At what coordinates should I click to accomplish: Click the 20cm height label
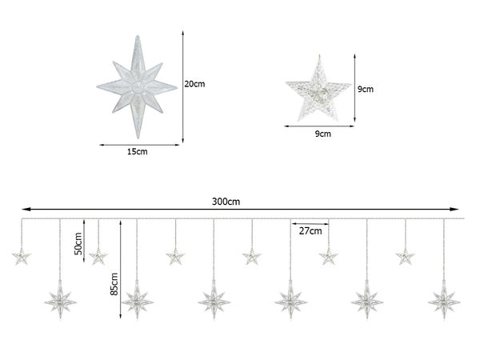pyautogui.click(x=194, y=84)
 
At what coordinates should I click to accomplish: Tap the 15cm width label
pyautogui.click(x=138, y=151)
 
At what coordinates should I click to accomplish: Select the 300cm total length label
pyautogui.click(x=226, y=202)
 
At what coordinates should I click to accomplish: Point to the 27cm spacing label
pyautogui.click(x=310, y=231)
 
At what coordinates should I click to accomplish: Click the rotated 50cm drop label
pyautogui.click(x=78, y=244)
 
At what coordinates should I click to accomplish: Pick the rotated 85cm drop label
pyautogui.click(x=114, y=284)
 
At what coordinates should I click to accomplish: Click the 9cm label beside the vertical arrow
pyautogui.click(x=366, y=89)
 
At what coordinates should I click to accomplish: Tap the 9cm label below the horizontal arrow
pyautogui.click(x=323, y=134)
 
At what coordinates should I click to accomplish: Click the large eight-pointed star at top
pyautogui.click(x=137, y=87)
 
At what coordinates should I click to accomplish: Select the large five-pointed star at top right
pyautogui.click(x=319, y=89)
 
